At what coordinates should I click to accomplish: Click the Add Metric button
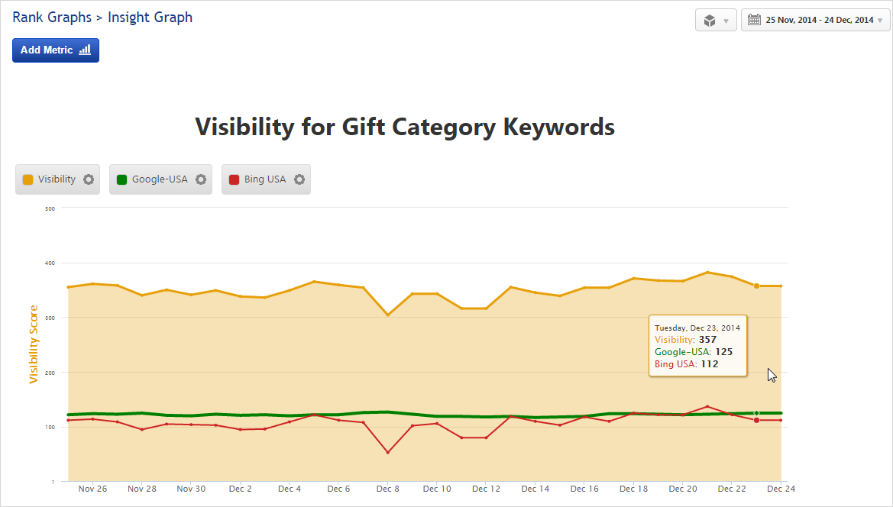55,50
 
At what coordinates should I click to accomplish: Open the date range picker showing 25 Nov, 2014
816,21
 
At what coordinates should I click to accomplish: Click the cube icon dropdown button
716,21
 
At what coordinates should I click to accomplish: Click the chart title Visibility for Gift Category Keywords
405,127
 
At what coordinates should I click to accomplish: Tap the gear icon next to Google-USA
201,179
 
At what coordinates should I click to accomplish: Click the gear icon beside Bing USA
299,179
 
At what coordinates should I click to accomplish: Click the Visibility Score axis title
34,344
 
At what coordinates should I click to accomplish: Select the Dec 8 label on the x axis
388,489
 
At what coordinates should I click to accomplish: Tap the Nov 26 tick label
92,489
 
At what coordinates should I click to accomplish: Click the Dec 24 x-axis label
780,489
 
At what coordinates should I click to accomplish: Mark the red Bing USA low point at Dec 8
388,452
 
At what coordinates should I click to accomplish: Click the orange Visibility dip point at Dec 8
388,315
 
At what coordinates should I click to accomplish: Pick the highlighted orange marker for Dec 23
756,286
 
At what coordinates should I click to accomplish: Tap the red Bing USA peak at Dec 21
707,406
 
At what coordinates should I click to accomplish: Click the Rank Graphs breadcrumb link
52,18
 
